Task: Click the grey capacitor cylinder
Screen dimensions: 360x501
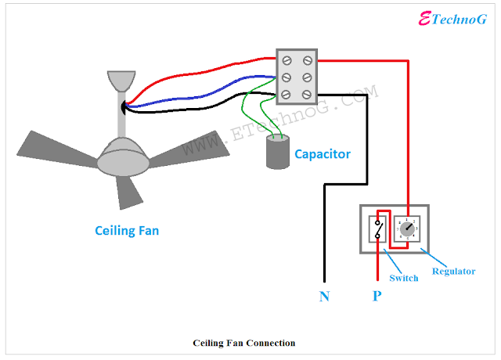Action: click(x=276, y=153)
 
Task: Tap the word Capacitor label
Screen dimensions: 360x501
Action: click(x=323, y=154)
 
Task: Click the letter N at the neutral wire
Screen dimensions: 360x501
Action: click(x=324, y=297)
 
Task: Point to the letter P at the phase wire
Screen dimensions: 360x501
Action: click(x=377, y=297)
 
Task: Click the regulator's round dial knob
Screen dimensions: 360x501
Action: click(x=407, y=229)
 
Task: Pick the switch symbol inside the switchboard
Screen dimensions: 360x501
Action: click(x=378, y=229)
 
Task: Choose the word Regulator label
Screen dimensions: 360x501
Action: click(x=453, y=272)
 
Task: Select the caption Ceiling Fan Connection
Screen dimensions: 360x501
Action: click(x=244, y=343)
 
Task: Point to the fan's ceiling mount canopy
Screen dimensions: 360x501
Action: click(x=121, y=81)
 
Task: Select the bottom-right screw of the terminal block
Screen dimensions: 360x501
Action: click(x=308, y=94)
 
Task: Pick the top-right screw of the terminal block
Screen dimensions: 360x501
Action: click(x=308, y=60)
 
